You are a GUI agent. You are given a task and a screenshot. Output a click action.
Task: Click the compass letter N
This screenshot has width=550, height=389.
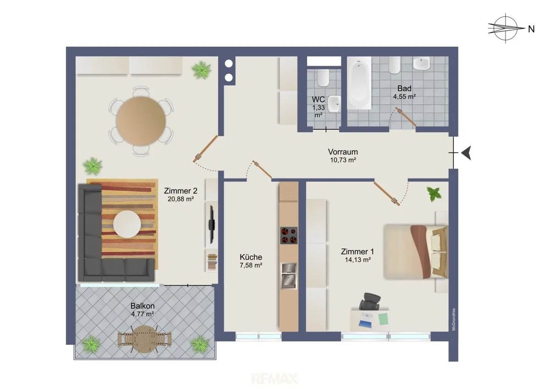click(x=531, y=29)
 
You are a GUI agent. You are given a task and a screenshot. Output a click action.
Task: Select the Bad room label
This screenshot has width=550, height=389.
click(x=404, y=89)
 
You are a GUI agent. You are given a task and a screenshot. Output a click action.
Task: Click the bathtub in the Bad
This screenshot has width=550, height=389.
click(x=359, y=83)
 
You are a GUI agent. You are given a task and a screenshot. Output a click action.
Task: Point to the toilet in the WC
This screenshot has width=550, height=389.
click(x=323, y=78)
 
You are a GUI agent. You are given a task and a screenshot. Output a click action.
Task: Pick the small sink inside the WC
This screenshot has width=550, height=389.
click(x=335, y=104)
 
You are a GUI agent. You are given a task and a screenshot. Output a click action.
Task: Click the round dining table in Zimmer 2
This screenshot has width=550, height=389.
click(x=141, y=121)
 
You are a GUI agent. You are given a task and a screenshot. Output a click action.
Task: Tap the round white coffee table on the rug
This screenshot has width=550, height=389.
click(x=127, y=224)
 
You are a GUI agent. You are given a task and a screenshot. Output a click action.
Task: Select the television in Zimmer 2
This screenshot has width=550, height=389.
click(x=212, y=225)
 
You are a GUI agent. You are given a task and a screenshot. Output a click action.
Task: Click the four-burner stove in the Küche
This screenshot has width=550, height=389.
click(x=289, y=235)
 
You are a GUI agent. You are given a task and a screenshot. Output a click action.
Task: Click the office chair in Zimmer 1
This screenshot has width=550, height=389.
click(x=370, y=301)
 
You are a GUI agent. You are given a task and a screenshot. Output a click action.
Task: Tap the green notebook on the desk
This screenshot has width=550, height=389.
click(x=383, y=319)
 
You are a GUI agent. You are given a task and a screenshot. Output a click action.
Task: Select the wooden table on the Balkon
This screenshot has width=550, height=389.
click(x=144, y=339)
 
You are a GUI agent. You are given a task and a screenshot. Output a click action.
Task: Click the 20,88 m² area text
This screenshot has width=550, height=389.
click(x=181, y=199)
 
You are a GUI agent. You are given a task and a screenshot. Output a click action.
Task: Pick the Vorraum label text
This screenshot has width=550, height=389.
click(x=343, y=152)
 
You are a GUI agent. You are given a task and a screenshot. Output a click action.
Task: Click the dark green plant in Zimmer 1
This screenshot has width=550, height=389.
click(x=434, y=194)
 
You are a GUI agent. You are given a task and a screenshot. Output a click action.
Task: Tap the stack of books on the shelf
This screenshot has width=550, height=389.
click(x=212, y=262)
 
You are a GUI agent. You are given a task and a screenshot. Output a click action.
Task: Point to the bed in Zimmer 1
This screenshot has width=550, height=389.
click(x=416, y=252)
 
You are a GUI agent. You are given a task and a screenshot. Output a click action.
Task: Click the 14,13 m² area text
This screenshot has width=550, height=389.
click(x=358, y=260)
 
